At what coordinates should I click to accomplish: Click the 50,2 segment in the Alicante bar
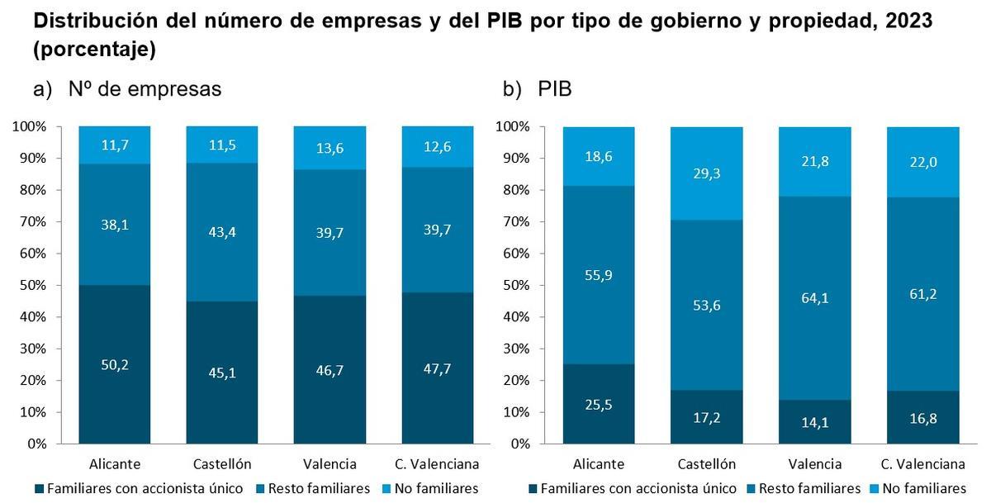point(115,364)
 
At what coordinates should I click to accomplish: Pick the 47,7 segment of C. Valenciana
point(438,368)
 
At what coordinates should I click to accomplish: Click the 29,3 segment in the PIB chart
point(706,173)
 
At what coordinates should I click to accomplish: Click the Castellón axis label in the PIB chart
point(706,463)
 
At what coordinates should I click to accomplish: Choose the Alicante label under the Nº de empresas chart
point(115,463)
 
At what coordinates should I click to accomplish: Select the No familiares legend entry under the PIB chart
point(920,488)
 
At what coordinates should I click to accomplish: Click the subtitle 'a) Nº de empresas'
point(128,89)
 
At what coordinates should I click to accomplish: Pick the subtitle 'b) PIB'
point(537,89)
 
